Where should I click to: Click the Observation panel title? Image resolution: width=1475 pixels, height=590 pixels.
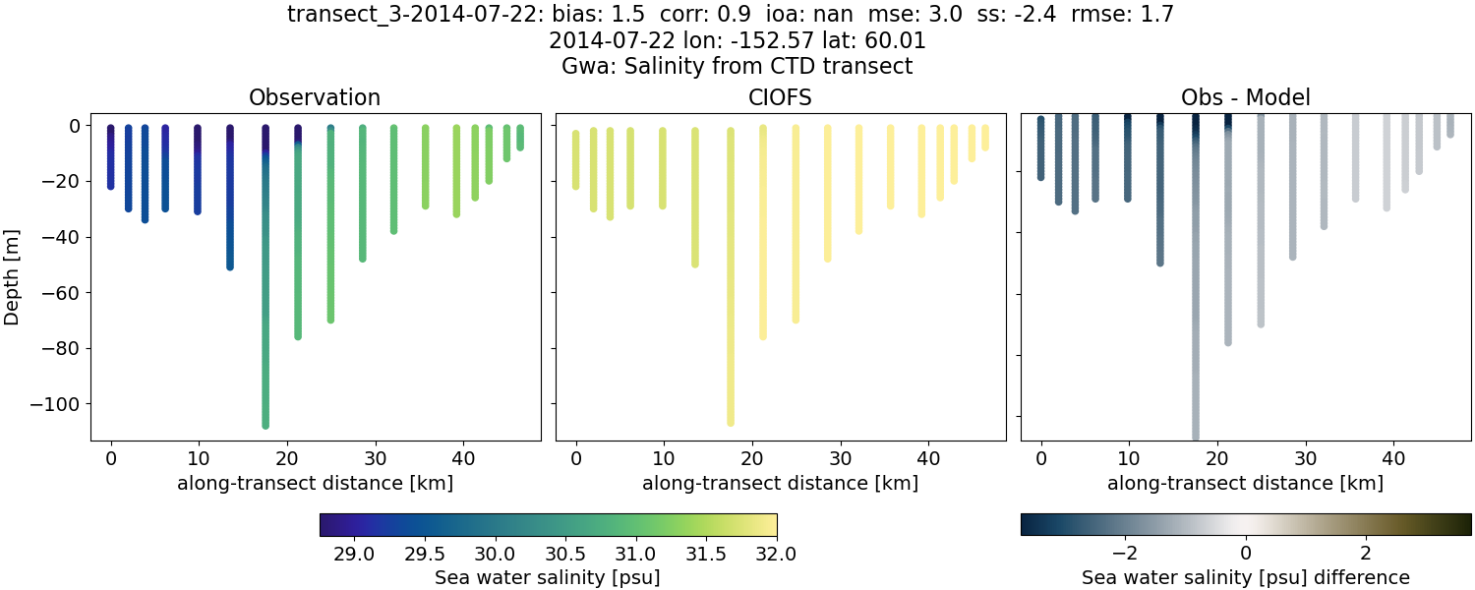(x=315, y=97)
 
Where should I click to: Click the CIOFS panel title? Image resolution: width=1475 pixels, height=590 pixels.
(x=781, y=97)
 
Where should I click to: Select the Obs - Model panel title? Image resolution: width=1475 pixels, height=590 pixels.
(x=1246, y=97)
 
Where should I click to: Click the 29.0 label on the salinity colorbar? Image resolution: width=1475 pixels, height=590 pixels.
(x=354, y=554)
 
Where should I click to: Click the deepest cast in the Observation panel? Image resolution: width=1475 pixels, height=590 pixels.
(x=265, y=295)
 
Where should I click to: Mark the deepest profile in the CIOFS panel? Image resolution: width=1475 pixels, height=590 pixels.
(x=731, y=295)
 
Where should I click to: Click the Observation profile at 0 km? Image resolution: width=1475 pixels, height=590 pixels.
(x=111, y=157)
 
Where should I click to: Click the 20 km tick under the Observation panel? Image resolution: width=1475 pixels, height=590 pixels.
(x=287, y=458)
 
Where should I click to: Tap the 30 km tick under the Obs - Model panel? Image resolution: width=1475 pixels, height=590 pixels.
(x=1306, y=458)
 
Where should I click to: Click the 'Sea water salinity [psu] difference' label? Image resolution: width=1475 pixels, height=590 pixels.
(x=1246, y=577)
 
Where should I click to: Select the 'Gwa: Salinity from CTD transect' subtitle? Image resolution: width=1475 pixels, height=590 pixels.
(x=737, y=67)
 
